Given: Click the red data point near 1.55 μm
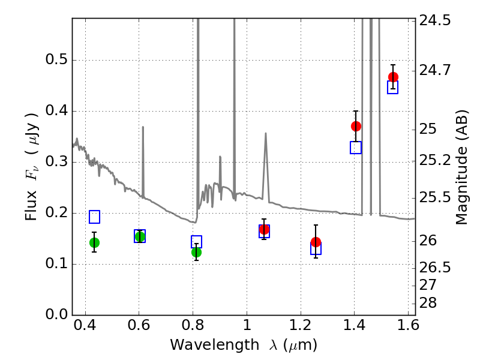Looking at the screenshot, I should coord(393,77).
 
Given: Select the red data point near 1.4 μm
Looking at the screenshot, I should coord(356,126).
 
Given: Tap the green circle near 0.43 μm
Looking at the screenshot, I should coord(94,242).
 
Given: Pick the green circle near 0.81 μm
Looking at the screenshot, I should coord(196,252).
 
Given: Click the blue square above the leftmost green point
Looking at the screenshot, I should coord(94,217).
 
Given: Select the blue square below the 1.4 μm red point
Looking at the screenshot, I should coord(356,148).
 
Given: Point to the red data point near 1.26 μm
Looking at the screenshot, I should coord(316,242).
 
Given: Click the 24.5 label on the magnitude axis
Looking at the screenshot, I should coord(434,20).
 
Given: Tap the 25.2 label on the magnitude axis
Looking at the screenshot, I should coord(434,161).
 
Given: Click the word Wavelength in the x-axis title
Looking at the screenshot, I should coord(205,346).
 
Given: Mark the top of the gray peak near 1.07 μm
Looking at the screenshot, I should coord(265,134).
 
